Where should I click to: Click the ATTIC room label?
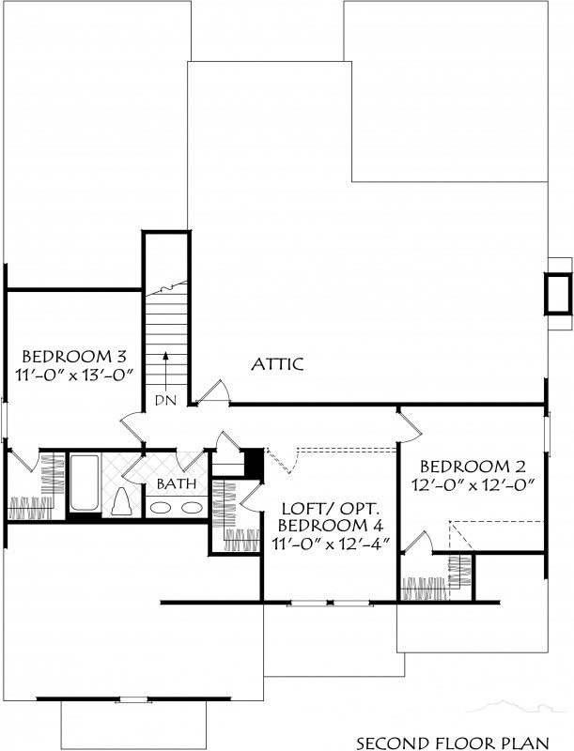coord(277,364)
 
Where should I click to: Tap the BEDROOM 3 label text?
coord(74,357)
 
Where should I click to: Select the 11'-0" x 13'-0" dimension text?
coord(74,374)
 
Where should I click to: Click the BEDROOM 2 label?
coord(473,466)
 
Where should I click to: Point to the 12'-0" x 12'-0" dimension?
coord(473,484)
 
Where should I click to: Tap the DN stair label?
coord(165,400)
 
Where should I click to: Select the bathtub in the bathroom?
coord(85,483)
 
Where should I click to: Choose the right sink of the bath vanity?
coord(192,507)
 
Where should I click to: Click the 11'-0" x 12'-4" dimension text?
coord(330,544)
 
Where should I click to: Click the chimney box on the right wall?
coord(558,294)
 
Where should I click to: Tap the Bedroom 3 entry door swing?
coord(132,428)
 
